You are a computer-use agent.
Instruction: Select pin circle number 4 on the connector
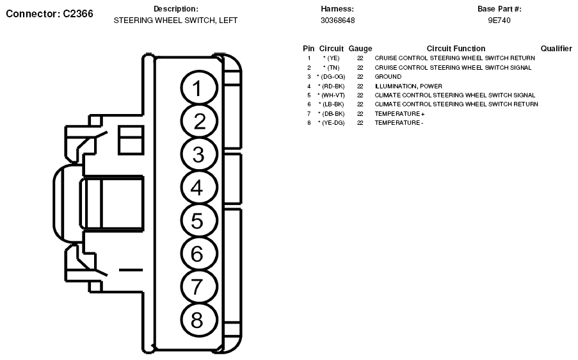[x=199, y=188]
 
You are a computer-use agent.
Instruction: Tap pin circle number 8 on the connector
[x=199, y=320]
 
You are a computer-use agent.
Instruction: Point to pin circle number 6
[x=199, y=254]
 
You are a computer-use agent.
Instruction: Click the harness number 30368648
[x=338, y=20]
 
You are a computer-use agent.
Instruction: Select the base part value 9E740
[x=499, y=20]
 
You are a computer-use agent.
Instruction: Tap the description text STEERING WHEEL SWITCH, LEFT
[x=175, y=20]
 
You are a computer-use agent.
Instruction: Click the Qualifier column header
[x=556, y=49]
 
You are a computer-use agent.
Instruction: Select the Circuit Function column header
[x=456, y=49]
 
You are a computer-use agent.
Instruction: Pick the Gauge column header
[x=360, y=49]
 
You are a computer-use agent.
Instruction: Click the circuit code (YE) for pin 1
[x=333, y=58]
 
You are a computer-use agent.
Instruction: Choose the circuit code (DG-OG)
[x=333, y=77]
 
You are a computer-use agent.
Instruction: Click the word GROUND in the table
[x=388, y=77]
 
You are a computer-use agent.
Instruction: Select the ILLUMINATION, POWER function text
[x=408, y=86]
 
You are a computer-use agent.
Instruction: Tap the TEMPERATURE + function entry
[x=399, y=113]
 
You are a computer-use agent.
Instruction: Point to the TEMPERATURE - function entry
[x=399, y=123]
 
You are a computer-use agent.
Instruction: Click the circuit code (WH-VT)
[x=333, y=95]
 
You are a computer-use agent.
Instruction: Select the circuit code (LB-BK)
[x=333, y=104]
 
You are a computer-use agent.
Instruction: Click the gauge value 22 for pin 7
[x=360, y=113]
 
